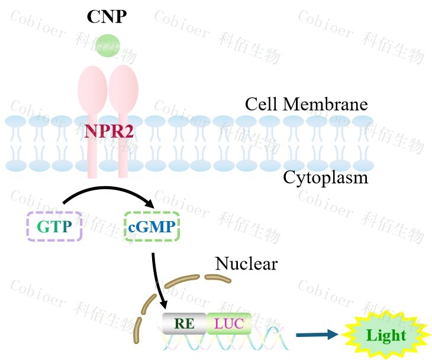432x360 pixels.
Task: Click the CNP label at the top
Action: tap(107, 16)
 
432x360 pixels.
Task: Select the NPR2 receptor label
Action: tap(109, 131)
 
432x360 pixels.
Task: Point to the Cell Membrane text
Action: tap(306, 105)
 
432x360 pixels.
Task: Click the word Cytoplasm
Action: tap(325, 177)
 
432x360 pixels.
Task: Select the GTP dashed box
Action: tap(54, 226)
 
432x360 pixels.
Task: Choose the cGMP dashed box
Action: tap(152, 226)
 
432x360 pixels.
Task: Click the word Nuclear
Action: tap(246, 263)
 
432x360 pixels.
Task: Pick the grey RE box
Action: tap(184, 323)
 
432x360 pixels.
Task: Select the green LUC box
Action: tap(229, 323)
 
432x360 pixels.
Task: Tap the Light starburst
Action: tap(386, 336)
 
